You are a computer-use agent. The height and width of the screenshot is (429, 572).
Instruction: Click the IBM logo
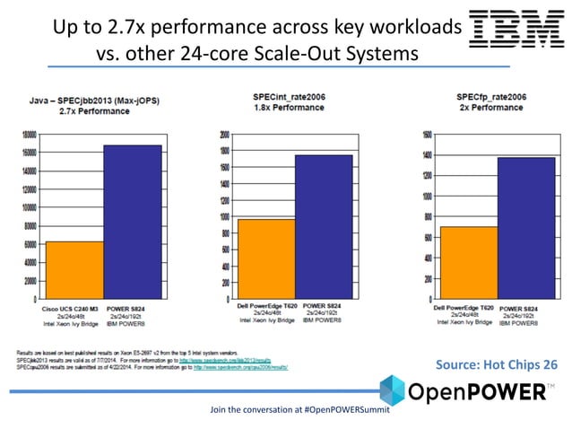(x=514, y=30)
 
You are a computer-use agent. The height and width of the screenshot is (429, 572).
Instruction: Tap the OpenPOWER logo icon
(x=392, y=392)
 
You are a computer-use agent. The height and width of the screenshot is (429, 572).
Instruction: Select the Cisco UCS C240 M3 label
(x=71, y=309)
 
